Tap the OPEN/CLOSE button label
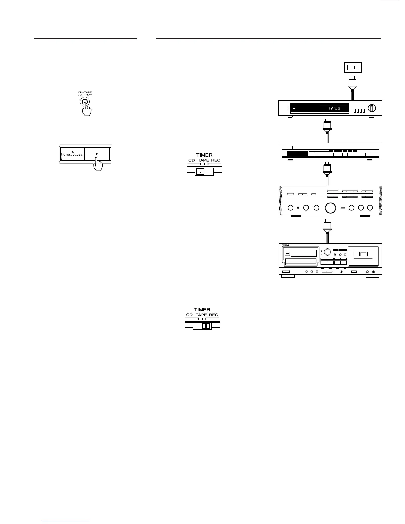(x=73, y=154)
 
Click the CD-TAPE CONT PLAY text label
(x=85, y=94)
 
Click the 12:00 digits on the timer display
(x=335, y=109)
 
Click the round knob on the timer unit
(x=372, y=108)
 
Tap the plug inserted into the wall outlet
(x=352, y=83)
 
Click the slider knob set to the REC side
(x=206, y=326)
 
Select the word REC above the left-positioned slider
(x=216, y=160)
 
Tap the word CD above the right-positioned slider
(x=189, y=315)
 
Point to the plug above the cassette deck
(x=327, y=226)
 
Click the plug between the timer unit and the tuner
(x=327, y=126)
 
